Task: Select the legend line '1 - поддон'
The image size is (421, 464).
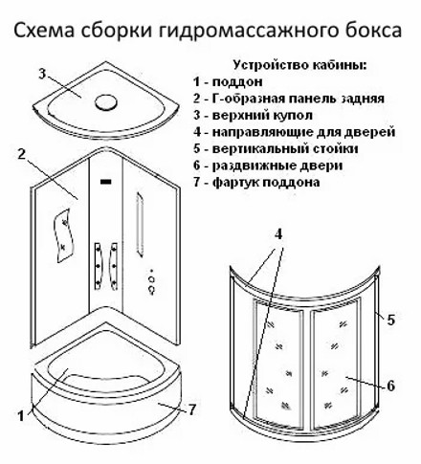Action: [x=228, y=82]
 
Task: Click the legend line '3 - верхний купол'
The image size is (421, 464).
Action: [x=253, y=116]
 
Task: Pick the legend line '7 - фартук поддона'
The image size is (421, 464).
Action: [x=256, y=183]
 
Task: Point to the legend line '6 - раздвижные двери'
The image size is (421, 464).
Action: [x=268, y=166]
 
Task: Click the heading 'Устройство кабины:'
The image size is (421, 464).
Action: [x=300, y=65]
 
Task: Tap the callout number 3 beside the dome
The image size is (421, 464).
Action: [x=42, y=74]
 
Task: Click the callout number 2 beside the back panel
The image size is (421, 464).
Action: [x=22, y=155]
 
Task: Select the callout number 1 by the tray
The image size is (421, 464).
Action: [x=21, y=416]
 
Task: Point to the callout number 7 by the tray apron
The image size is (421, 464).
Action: [x=191, y=409]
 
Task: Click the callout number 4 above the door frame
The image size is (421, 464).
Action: [x=278, y=234]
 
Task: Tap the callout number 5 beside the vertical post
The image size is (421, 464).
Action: [x=391, y=320]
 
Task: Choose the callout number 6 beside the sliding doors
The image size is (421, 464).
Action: [x=391, y=386]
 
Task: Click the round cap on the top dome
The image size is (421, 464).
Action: [x=106, y=102]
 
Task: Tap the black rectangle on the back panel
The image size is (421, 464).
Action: [x=106, y=182]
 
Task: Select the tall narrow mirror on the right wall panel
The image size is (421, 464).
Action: [x=140, y=224]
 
